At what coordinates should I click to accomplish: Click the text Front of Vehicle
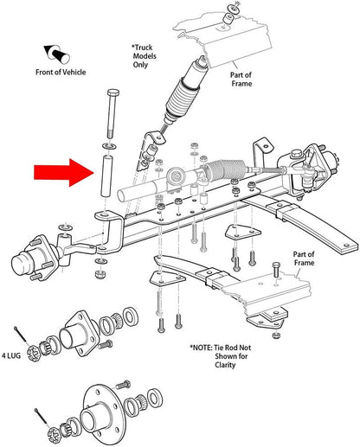point(61,72)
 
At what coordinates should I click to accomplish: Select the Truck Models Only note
point(144,56)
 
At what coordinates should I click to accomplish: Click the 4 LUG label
point(11,355)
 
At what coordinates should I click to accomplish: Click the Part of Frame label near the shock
point(241,79)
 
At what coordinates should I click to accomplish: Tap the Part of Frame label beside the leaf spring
point(304,259)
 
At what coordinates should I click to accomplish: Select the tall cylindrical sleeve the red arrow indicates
point(106,176)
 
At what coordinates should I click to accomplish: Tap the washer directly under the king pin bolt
point(109,146)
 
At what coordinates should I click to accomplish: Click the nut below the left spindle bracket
point(100,273)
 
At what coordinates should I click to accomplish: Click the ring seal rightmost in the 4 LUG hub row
point(131,316)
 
